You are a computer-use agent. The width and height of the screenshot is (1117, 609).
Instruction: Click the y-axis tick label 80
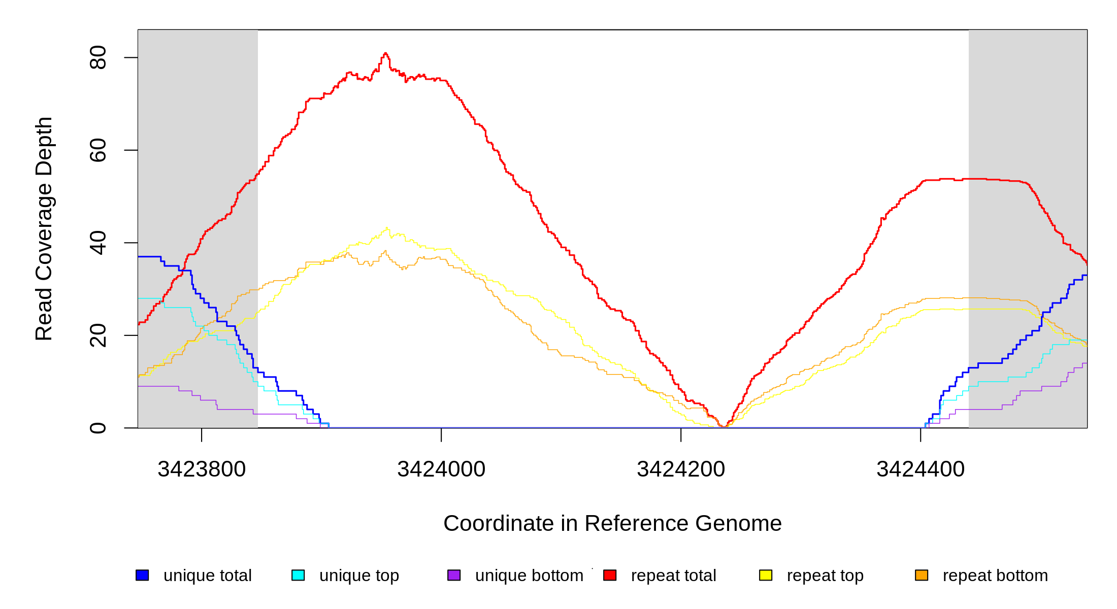click(97, 57)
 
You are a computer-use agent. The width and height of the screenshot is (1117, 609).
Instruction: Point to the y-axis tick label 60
click(97, 150)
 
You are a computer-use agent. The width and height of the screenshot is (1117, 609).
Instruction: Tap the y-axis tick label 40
click(97, 243)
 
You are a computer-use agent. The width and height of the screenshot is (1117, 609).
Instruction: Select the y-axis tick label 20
click(97, 335)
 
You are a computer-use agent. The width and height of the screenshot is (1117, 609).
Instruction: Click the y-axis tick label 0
click(97, 428)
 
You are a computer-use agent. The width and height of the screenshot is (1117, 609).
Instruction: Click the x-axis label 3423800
click(202, 469)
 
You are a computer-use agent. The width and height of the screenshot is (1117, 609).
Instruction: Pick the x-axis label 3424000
click(441, 469)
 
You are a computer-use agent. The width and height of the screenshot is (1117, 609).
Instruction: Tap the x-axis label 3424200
click(681, 469)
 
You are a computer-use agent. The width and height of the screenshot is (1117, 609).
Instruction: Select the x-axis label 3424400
click(921, 469)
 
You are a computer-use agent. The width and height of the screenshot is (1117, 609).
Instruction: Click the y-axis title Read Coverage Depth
click(44, 228)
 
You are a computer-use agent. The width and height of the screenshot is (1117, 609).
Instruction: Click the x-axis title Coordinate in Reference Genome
click(612, 523)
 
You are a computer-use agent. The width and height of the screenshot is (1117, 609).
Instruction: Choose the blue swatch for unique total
click(142, 575)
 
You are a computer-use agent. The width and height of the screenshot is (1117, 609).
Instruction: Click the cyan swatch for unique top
click(298, 575)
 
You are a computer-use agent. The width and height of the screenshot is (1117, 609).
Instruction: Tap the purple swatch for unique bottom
click(454, 575)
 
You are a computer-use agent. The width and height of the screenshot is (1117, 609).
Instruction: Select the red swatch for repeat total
click(610, 575)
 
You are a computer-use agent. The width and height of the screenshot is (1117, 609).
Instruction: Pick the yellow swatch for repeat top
click(766, 575)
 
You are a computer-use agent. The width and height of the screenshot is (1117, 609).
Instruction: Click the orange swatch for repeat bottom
click(922, 575)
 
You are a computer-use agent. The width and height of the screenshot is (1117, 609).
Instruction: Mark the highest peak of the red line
click(385, 53)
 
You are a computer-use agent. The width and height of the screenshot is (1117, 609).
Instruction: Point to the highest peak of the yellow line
click(387, 228)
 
